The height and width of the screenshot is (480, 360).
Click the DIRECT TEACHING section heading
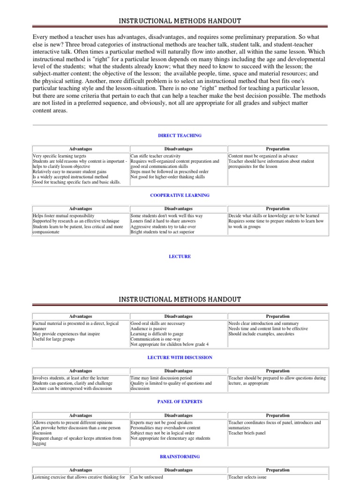pos(180,135)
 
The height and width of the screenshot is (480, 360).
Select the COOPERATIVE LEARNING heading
pos(180,195)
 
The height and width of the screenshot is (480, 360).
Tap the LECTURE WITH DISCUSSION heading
pos(180,357)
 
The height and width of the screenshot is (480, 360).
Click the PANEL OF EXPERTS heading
pos(180,402)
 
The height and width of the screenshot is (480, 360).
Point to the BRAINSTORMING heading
pos(180,456)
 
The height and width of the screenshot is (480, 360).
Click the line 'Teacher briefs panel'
pos(247,433)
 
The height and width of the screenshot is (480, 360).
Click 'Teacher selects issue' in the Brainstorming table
pos(247,477)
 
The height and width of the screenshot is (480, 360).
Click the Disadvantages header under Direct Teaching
pos(179,149)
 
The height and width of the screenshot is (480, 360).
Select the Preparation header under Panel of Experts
pos(277,415)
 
